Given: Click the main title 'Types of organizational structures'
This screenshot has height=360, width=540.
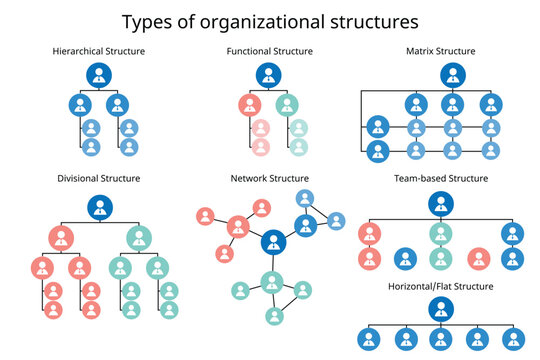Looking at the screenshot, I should [270, 20].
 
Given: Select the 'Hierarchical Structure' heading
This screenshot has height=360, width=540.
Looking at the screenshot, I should [98, 51].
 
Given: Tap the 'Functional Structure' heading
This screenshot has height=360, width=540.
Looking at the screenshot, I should [270, 51].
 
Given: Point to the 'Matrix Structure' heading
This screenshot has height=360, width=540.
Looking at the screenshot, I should [440, 51].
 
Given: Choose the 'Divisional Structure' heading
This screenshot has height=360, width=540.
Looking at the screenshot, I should [98, 178].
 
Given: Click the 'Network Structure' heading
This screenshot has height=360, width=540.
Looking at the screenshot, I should [270, 178].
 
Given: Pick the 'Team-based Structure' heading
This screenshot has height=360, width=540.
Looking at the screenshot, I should [441, 178].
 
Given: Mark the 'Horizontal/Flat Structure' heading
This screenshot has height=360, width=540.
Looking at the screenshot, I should [441, 288].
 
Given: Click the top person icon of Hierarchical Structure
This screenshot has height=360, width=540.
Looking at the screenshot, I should [99, 75].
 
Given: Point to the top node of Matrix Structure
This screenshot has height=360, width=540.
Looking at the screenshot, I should [453, 75].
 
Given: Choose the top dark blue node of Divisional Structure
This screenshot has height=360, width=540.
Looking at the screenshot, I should [99, 207].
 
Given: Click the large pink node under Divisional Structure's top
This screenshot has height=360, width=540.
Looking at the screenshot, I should [61, 237].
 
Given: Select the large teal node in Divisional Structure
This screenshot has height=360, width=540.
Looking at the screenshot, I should [139, 237].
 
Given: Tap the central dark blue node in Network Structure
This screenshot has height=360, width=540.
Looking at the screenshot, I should [272, 243].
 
